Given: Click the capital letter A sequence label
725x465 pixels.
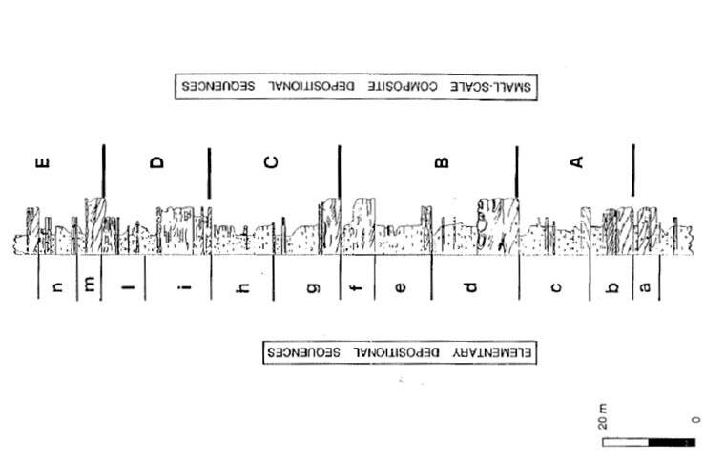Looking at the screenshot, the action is point(575,162).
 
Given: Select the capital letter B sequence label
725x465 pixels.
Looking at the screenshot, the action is point(441,162).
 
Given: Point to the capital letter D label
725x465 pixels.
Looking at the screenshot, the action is point(157,162).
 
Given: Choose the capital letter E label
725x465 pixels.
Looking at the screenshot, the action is point(42,162).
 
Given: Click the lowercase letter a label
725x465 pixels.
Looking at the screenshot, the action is point(646,287).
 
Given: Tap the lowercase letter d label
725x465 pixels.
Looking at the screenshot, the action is point(470,287).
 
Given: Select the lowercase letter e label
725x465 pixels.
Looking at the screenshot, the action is point(400,287).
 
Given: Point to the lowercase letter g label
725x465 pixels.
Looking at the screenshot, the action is point(314,287).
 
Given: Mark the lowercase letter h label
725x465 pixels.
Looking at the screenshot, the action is point(243,287).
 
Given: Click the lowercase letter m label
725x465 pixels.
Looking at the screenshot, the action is point(91,287).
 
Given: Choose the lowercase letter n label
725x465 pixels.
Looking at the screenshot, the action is point(58,287).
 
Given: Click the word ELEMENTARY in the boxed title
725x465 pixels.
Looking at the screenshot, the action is point(494,351).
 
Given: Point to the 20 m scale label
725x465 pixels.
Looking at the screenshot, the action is point(603,417).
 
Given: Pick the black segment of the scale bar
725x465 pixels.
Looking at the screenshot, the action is point(672,442).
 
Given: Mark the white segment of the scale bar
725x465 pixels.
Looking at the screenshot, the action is point(625,442).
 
